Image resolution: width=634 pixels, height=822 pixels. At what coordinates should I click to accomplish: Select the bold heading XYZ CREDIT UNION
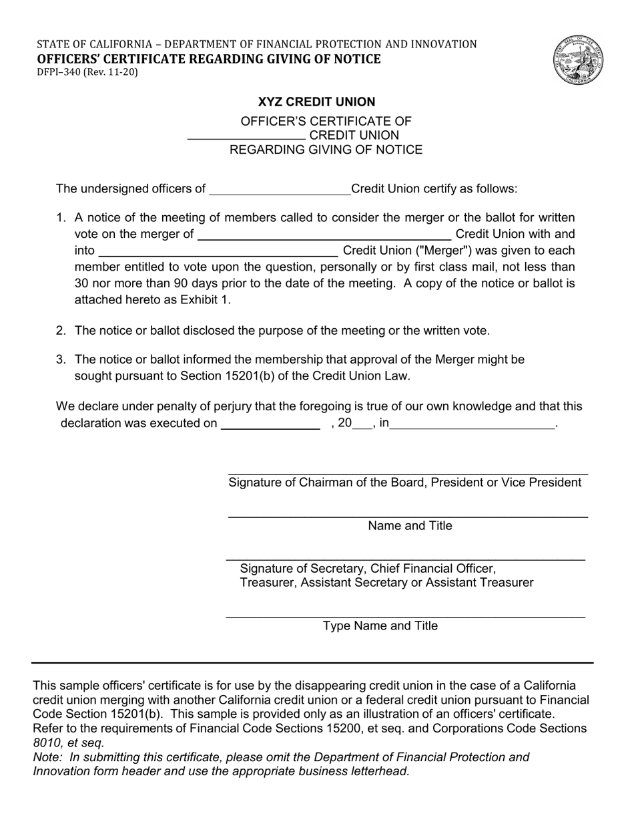point(316,102)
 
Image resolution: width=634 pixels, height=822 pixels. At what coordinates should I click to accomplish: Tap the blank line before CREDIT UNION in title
point(246,136)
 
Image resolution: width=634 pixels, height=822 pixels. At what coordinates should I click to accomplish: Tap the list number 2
point(61,331)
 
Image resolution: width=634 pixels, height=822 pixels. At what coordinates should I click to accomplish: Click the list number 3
point(61,360)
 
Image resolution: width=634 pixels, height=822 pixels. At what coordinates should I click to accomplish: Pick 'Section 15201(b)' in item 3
point(224,376)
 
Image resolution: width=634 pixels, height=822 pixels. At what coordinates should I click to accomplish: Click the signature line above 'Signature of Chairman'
point(408,473)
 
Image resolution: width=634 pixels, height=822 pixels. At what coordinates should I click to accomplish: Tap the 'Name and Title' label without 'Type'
point(410,526)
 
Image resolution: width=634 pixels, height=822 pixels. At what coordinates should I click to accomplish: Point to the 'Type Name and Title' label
point(380,626)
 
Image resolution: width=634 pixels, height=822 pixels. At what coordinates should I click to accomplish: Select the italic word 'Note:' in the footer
point(48,757)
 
